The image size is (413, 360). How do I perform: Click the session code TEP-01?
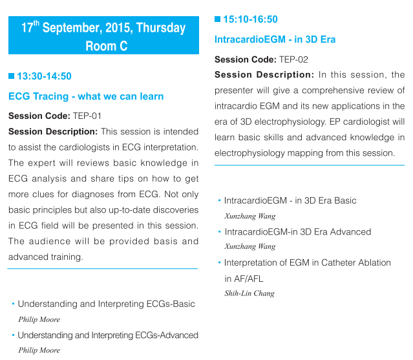pyautogui.click(x=87, y=116)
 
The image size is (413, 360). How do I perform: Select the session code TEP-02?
pyautogui.click(x=293, y=59)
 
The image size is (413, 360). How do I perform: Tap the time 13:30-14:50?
pyautogui.click(x=44, y=76)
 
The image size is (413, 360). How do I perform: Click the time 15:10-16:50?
pyautogui.click(x=251, y=19)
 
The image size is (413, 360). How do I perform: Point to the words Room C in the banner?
pyautogui.click(x=107, y=46)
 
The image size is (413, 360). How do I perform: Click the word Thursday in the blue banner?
pyautogui.click(x=161, y=28)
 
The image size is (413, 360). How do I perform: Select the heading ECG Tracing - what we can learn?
pyautogui.click(x=86, y=96)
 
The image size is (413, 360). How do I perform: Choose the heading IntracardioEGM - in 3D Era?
pyautogui.click(x=275, y=39)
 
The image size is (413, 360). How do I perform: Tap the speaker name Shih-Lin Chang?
pyautogui.click(x=249, y=293)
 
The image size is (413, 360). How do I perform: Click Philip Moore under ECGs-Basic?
pyautogui.click(x=39, y=319)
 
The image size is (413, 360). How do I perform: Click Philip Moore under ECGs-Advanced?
pyautogui.click(x=39, y=350)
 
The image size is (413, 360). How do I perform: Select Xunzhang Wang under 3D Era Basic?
pyautogui.click(x=250, y=217)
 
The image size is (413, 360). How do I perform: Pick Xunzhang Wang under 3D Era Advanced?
pyautogui.click(x=250, y=246)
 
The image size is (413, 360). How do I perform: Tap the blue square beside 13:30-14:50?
pyautogui.click(x=12, y=76)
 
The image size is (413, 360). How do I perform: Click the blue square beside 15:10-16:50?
pyautogui.click(x=218, y=19)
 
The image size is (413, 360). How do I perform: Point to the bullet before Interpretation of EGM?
pyautogui.click(x=219, y=262)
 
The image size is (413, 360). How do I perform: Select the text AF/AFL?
pyautogui.click(x=248, y=279)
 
